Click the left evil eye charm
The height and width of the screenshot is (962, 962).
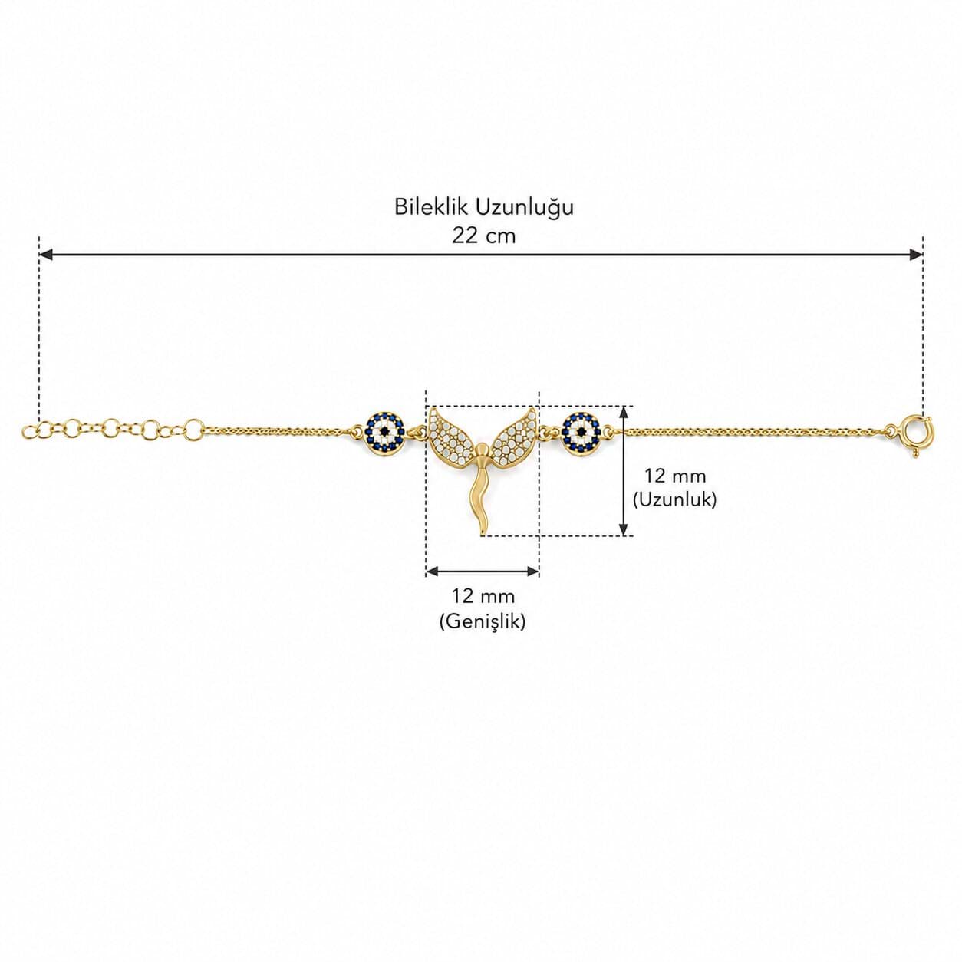tap(384, 429)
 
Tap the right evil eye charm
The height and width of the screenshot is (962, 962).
tap(580, 429)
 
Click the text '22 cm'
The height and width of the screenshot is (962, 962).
tap(483, 236)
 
